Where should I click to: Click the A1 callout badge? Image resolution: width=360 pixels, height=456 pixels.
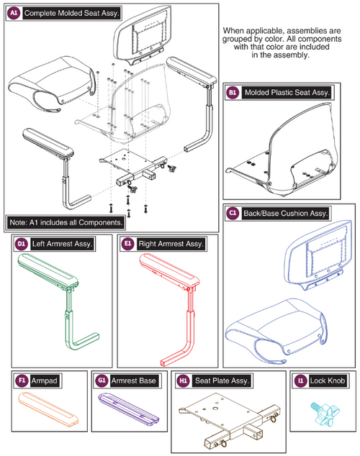[x=14, y=13]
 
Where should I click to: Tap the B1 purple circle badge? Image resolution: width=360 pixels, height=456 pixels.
[x=233, y=93]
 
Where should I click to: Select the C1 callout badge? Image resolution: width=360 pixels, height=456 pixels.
[x=233, y=213]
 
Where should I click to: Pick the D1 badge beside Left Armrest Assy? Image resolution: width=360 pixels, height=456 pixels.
[x=22, y=244]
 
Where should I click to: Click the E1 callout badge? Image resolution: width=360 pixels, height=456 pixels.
[x=127, y=243]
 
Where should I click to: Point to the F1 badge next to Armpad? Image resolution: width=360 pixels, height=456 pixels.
[x=22, y=380]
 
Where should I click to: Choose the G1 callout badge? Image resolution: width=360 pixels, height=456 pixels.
[x=102, y=380]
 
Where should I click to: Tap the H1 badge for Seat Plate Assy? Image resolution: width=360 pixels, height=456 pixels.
[x=184, y=380]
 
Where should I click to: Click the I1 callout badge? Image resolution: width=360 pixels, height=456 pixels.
[x=301, y=380]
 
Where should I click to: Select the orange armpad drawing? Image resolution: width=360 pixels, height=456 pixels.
[x=49, y=409]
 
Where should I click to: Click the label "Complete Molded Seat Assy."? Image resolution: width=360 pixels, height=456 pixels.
[x=71, y=14]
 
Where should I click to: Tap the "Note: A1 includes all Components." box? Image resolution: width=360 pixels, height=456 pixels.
[x=66, y=222]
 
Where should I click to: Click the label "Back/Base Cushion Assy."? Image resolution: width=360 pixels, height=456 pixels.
[x=286, y=214]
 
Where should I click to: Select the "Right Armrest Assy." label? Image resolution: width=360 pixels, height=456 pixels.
[x=171, y=244]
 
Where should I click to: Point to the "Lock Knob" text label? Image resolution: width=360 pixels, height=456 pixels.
[x=328, y=380]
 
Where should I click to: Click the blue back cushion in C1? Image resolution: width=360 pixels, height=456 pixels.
[x=318, y=255]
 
